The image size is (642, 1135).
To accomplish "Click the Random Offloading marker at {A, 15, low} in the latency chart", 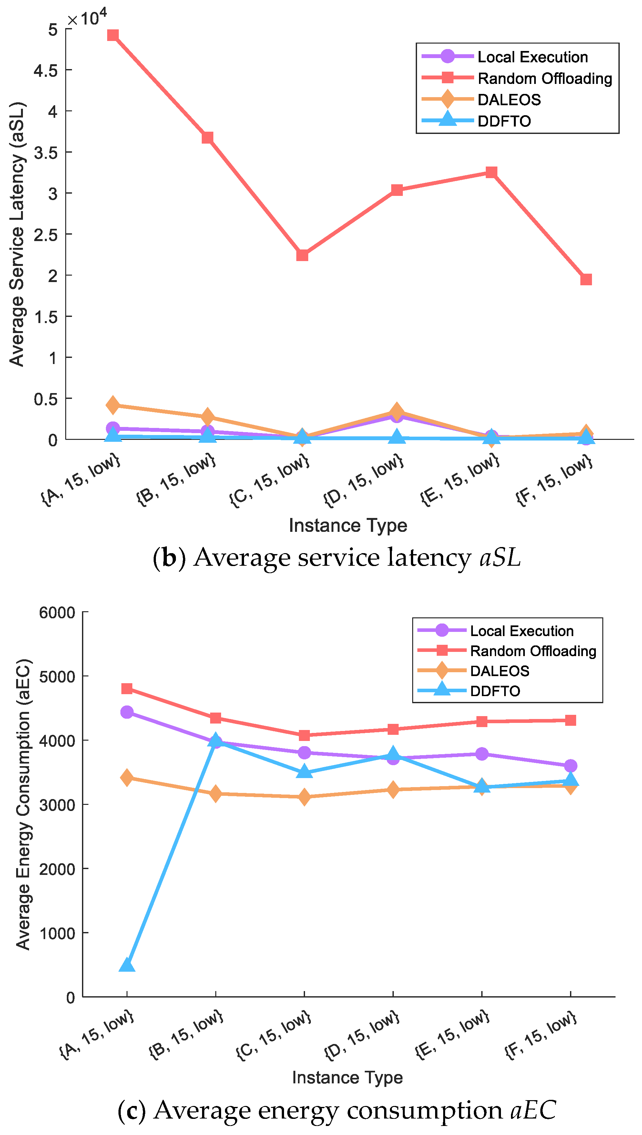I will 113,35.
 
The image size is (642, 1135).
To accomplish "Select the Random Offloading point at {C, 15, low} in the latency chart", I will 302,255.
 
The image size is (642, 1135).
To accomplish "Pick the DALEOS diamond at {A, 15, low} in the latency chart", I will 113,405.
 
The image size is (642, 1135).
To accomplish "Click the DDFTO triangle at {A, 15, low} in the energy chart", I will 127,965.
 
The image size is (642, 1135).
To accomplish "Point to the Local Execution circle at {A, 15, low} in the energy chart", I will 127,712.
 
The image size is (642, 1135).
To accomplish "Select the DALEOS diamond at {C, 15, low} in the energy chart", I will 304,796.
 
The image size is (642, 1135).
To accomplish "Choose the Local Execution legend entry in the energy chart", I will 521,631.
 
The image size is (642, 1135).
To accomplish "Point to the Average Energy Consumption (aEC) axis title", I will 23,805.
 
